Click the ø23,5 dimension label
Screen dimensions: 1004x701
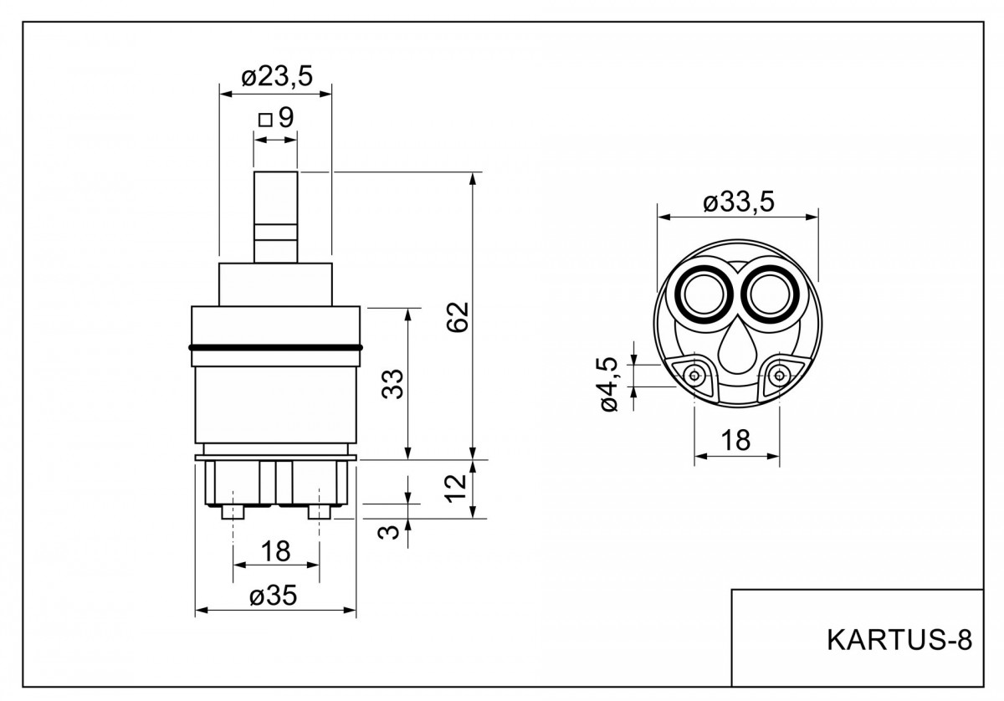pyautogui.click(x=277, y=77)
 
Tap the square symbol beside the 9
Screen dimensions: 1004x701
pyautogui.click(x=265, y=120)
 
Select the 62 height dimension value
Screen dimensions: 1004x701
pyautogui.click(x=458, y=317)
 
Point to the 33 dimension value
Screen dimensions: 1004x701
pyautogui.click(x=392, y=384)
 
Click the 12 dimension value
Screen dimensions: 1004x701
pyautogui.click(x=455, y=489)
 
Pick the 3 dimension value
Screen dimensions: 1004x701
pyautogui.click(x=388, y=532)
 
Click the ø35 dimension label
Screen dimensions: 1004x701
pyautogui.click(x=273, y=596)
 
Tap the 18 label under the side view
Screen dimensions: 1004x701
pyautogui.click(x=275, y=551)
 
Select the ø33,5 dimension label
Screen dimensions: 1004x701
pyautogui.click(x=738, y=202)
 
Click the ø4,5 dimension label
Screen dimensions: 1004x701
pyautogui.click(x=610, y=384)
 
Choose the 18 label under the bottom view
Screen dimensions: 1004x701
pyautogui.click(x=736, y=440)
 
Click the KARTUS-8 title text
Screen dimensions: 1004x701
pyautogui.click(x=899, y=640)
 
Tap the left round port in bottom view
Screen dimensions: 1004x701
pyautogui.click(x=704, y=294)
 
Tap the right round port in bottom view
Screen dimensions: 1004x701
pyautogui.click(x=770, y=294)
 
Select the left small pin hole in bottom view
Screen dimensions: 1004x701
pyautogui.click(x=694, y=375)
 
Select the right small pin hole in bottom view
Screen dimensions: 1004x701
pyautogui.click(x=780, y=375)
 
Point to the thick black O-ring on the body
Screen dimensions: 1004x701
pyautogui.click(x=275, y=347)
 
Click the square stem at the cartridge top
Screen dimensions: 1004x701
pyautogui.click(x=275, y=217)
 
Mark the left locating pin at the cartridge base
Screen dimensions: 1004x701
pyautogui.click(x=233, y=511)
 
